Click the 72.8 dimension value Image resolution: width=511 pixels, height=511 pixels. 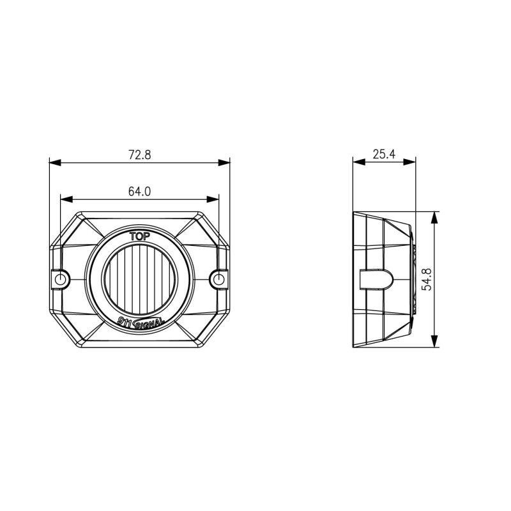(139, 155)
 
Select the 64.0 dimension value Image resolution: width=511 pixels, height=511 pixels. (139, 192)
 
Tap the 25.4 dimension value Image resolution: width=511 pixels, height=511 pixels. (384, 154)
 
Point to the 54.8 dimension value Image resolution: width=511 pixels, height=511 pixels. (427, 279)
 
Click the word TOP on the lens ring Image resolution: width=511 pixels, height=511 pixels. (140, 236)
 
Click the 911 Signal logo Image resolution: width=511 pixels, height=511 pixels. (141, 322)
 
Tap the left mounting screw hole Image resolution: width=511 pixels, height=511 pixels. (61, 279)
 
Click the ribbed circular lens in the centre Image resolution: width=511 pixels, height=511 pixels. (139, 279)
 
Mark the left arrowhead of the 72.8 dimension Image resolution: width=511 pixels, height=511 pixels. (55, 162)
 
